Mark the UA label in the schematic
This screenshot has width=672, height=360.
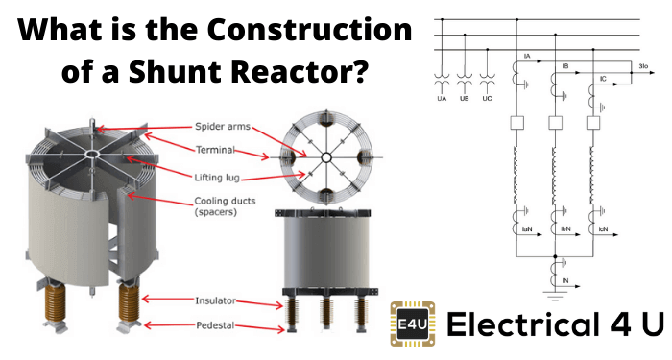(442, 99)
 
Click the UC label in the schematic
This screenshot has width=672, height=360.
(488, 99)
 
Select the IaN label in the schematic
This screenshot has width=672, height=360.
(528, 231)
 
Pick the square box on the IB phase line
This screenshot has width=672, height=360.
(553, 124)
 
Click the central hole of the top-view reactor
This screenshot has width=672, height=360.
(326, 158)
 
